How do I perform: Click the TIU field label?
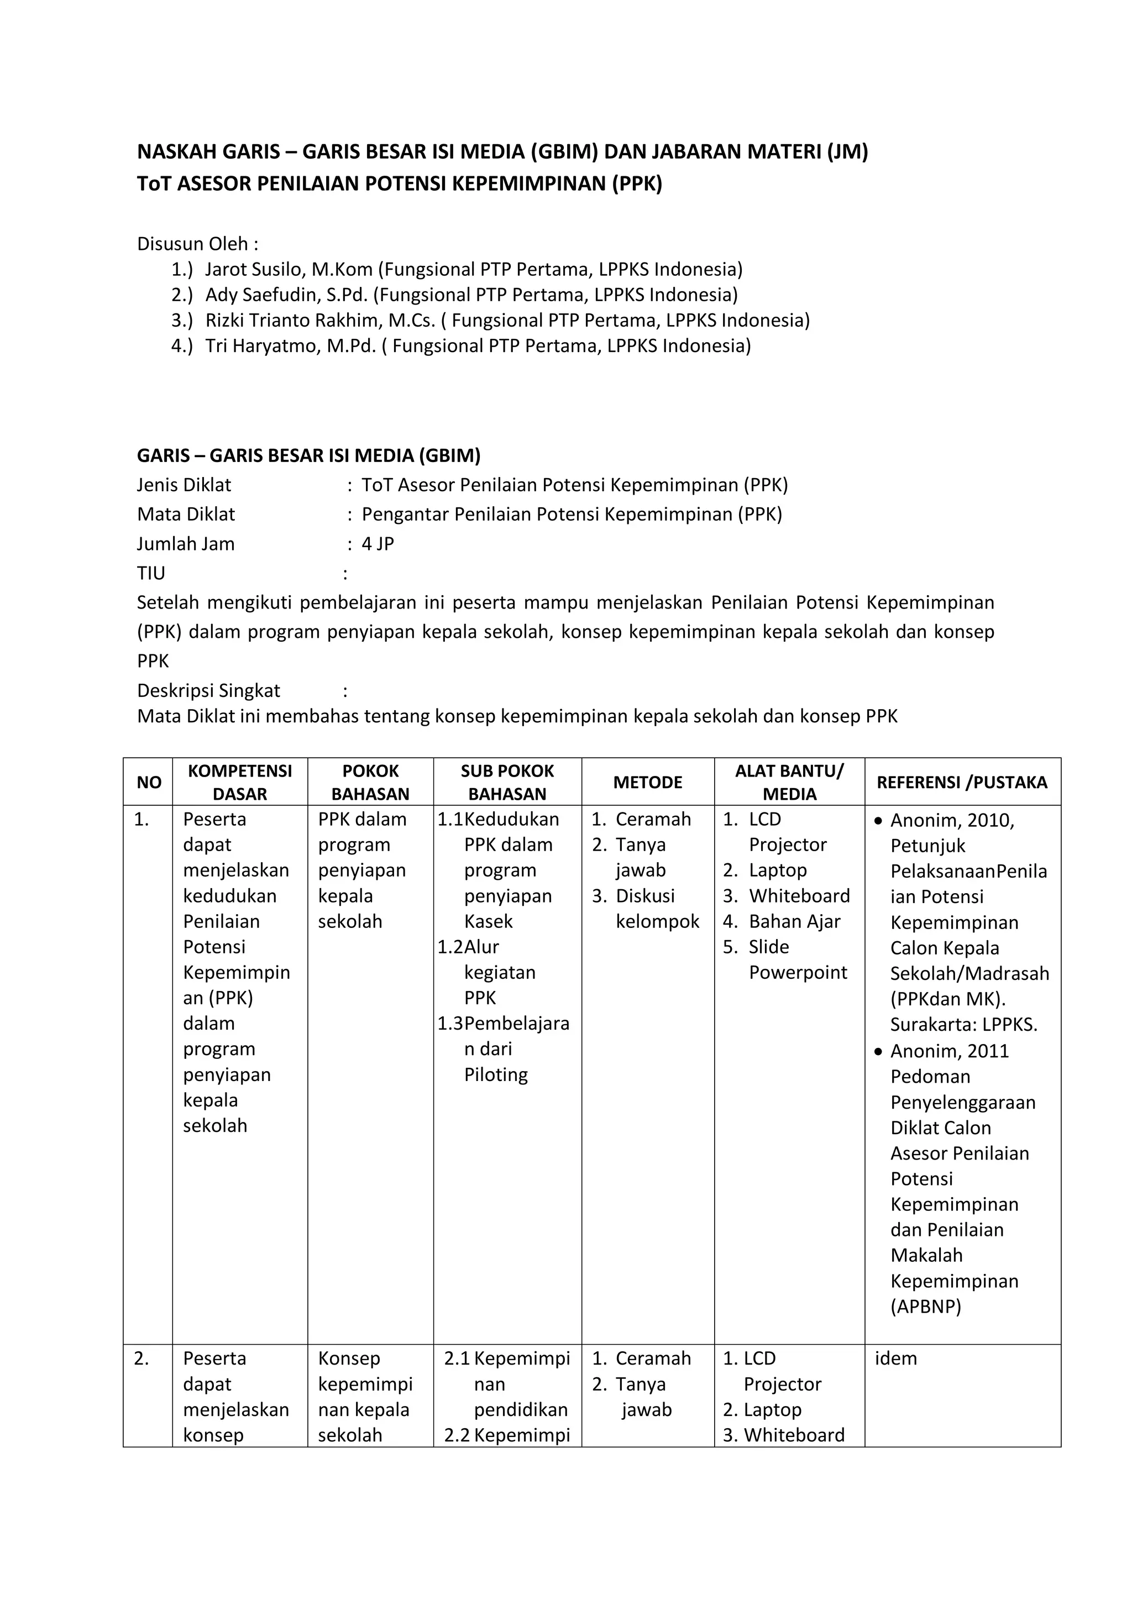(x=151, y=573)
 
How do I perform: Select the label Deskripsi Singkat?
(x=208, y=691)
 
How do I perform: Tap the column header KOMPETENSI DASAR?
(x=240, y=782)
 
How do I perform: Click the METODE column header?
(x=648, y=782)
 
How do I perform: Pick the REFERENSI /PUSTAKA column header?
(x=962, y=782)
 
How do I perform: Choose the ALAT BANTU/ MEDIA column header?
(x=789, y=782)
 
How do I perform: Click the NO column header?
(x=149, y=783)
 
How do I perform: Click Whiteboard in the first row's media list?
(x=799, y=895)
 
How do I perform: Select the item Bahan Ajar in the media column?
(x=794, y=921)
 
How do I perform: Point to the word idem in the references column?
(x=895, y=1358)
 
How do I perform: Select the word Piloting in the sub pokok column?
(x=496, y=1074)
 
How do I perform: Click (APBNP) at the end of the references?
(x=926, y=1307)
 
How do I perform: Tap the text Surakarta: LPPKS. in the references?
(x=963, y=1025)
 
